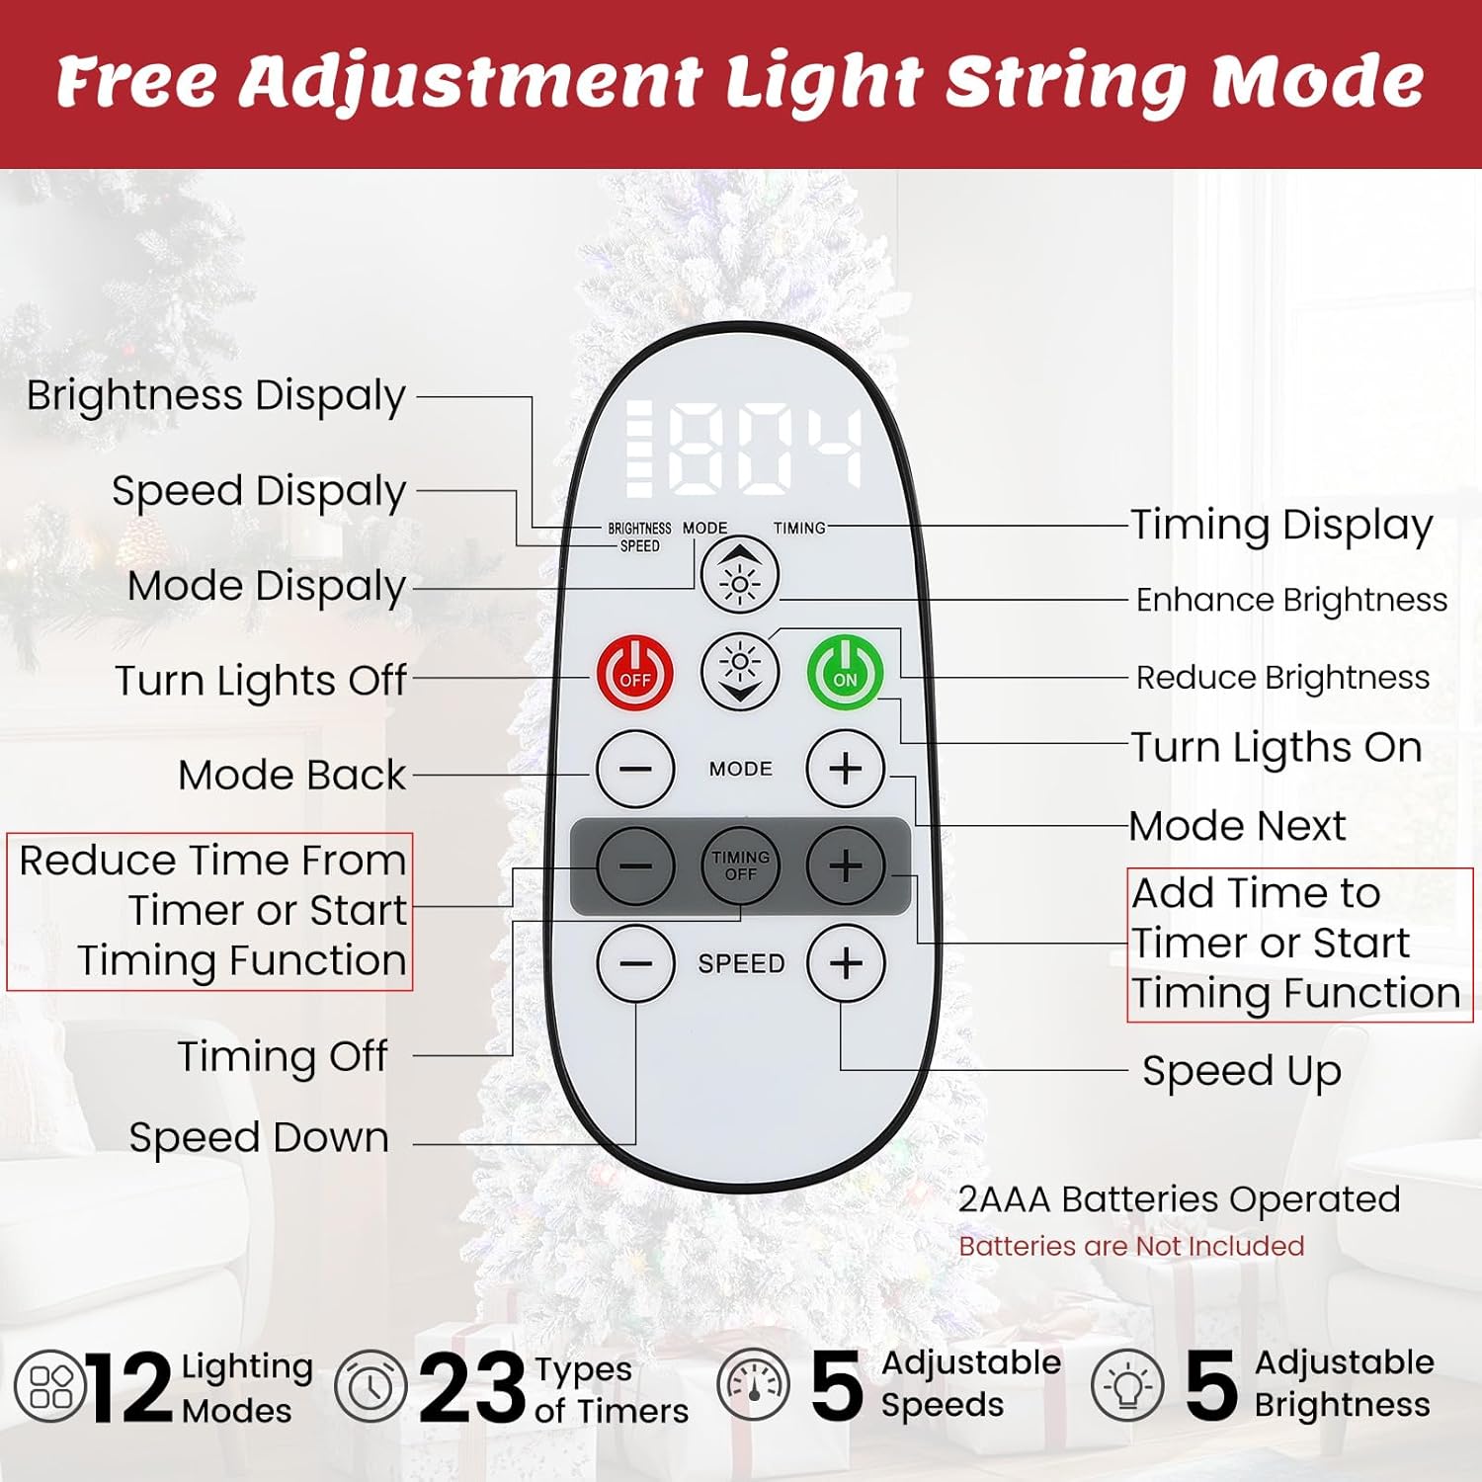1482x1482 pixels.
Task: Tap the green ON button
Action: coord(845,674)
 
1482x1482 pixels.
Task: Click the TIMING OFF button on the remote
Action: coord(740,865)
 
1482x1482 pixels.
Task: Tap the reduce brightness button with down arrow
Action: coord(740,672)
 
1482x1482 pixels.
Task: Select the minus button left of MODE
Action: coord(635,769)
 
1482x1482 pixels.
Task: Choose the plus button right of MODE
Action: coord(846,769)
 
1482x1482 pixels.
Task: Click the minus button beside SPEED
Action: coord(635,963)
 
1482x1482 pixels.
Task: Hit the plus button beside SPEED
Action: coord(846,963)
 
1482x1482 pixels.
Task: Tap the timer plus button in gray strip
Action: coord(846,865)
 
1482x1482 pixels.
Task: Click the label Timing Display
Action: coord(1281,526)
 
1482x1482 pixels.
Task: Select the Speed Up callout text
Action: coord(1242,1071)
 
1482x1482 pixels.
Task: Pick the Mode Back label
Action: coord(291,775)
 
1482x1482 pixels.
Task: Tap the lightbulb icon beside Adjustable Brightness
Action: coord(1127,1385)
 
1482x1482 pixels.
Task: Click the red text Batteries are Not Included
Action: coord(1131,1246)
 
